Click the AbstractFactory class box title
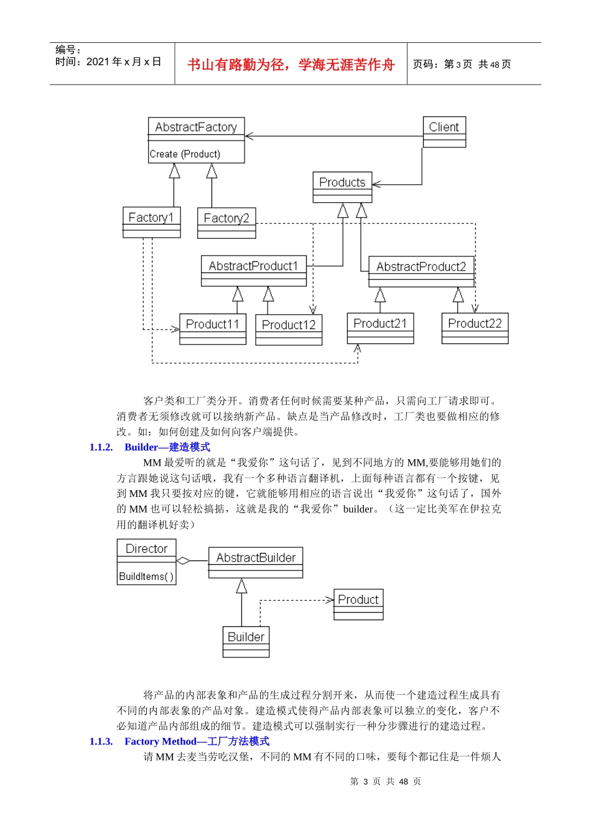pos(196,127)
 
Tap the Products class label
pos(342,182)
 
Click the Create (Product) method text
pos(185,154)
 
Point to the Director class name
pos(147,549)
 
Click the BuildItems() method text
pos(146,577)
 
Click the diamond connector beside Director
pos(184,560)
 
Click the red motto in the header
pos(291,65)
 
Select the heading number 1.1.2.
pos(101,447)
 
